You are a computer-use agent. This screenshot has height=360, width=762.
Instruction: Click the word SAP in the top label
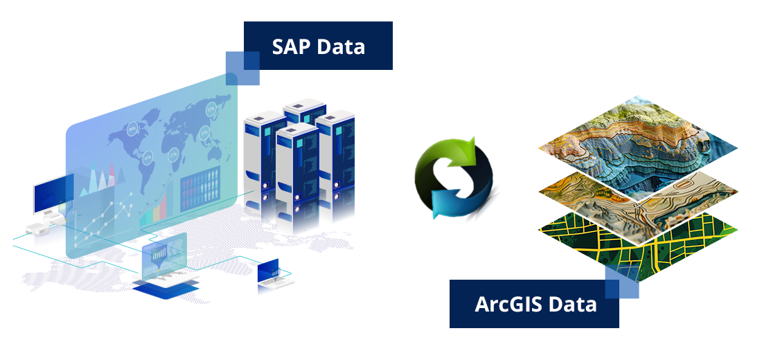click(292, 46)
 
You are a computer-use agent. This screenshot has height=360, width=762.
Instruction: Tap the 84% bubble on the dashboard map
click(132, 129)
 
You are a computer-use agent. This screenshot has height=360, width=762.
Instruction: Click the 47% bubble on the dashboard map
click(148, 158)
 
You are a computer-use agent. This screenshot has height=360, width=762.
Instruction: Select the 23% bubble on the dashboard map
click(204, 132)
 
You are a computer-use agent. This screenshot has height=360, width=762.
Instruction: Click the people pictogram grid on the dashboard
click(201, 189)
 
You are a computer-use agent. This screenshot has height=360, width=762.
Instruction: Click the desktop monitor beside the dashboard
click(53, 195)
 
